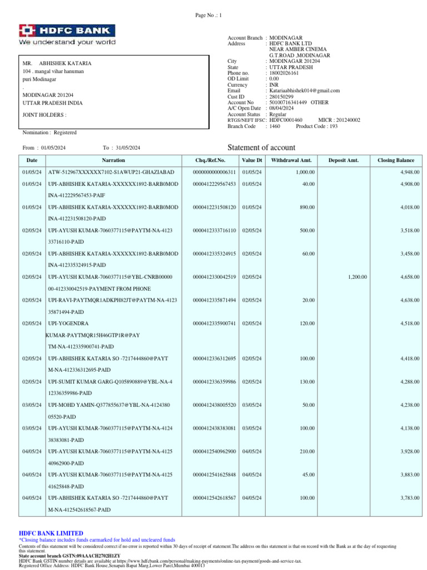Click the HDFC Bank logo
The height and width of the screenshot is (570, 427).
(67, 35)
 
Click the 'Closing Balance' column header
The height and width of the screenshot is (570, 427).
(395, 160)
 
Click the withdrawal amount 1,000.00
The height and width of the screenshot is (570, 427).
(305, 172)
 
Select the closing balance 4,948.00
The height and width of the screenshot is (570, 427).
(410, 172)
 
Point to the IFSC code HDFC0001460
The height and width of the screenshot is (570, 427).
(286, 120)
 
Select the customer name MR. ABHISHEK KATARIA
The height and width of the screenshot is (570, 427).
(57, 63)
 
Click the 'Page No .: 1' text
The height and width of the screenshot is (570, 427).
(208, 15)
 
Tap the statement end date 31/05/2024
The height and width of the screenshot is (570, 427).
(128, 148)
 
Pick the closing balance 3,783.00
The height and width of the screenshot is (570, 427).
(410, 498)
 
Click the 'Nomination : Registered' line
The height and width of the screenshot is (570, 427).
(49, 132)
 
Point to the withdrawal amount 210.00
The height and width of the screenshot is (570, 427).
(307, 451)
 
